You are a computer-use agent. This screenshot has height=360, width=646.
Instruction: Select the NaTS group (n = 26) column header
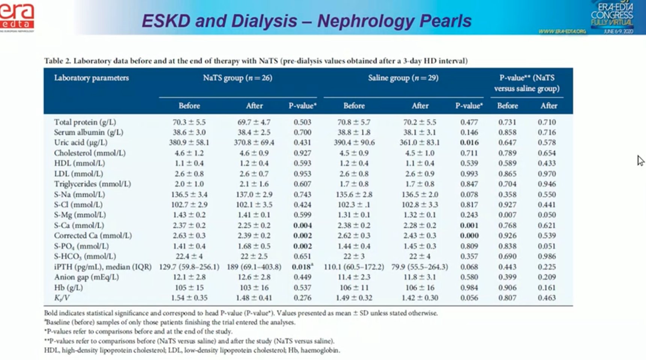(x=237, y=78)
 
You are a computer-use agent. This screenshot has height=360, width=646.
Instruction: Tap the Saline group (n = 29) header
(x=403, y=78)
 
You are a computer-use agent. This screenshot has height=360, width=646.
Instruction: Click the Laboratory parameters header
(x=91, y=78)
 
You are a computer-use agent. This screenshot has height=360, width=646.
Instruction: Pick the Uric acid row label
(x=80, y=142)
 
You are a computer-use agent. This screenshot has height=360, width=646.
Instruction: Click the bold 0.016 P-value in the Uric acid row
(x=469, y=142)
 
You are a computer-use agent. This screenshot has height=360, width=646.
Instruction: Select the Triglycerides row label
(x=92, y=184)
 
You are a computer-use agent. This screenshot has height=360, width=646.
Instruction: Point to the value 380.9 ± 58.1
(x=189, y=142)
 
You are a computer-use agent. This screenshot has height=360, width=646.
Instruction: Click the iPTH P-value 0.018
(x=302, y=267)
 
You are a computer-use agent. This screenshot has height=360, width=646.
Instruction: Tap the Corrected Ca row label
(x=93, y=236)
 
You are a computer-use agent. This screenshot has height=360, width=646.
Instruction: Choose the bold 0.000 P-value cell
(x=469, y=236)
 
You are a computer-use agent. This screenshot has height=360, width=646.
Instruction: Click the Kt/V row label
(x=62, y=298)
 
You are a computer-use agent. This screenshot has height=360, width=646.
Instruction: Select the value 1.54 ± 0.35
(x=189, y=298)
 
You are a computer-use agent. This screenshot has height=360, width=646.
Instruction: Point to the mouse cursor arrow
(x=640, y=160)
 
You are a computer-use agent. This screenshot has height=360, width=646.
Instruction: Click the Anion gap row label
(x=86, y=277)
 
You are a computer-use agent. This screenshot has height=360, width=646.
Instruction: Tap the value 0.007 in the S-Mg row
(x=507, y=215)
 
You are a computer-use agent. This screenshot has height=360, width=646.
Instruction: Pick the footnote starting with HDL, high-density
(x=192, y=350)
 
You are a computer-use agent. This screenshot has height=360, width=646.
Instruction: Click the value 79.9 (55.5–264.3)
(x=420, y=267)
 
